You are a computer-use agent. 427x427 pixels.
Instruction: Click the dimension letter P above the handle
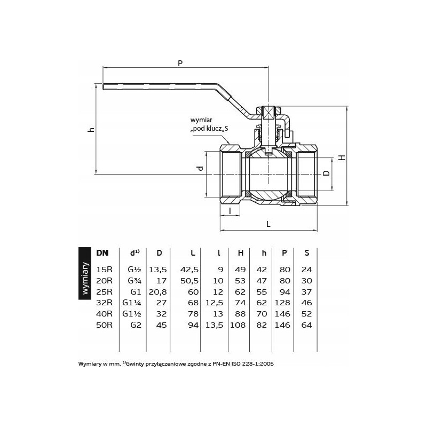click(180, 63)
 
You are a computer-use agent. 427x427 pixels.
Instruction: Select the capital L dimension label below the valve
click(268, 224)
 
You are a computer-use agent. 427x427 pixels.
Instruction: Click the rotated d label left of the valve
click(201, 168)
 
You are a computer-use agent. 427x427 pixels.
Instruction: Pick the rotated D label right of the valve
click(326, 172)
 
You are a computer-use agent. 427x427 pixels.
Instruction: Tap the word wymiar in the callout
click(201, 120)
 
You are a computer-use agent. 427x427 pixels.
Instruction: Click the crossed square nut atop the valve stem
click(268, 113)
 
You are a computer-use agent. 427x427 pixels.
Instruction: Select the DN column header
click(102, 253)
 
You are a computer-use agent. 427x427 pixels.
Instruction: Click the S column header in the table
click(306, 253)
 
